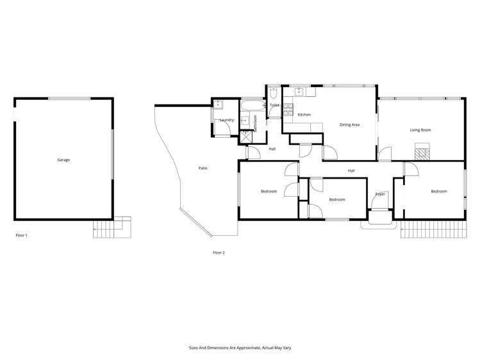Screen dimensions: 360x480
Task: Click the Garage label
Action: tap(63, 160)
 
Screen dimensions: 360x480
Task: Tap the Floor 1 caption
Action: tap(21, 236)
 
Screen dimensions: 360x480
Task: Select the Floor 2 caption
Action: tap(219, 252)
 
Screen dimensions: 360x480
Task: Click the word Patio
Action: tap(203, 168)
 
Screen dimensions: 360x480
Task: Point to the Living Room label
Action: tap(420, 130)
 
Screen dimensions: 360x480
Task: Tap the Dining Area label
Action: tap(349, 124)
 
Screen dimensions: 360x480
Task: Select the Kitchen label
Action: tap(304, 115)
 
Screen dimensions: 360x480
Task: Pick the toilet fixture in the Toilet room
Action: tap(273, 92)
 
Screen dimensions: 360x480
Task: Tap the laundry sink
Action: tap(219, 104)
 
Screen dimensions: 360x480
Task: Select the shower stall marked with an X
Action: tap(247, 136)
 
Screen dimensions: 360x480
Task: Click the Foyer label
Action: tap(380, 194)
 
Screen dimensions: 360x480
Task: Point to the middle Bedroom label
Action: tap(337, 199)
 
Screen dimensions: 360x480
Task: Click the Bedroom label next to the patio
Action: tap(269, 192)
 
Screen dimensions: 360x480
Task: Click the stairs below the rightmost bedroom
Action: tap(432, 229)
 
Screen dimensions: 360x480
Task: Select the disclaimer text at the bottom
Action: tap(240, 347)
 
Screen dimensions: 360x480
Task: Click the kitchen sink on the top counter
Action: tap(299, 91)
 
